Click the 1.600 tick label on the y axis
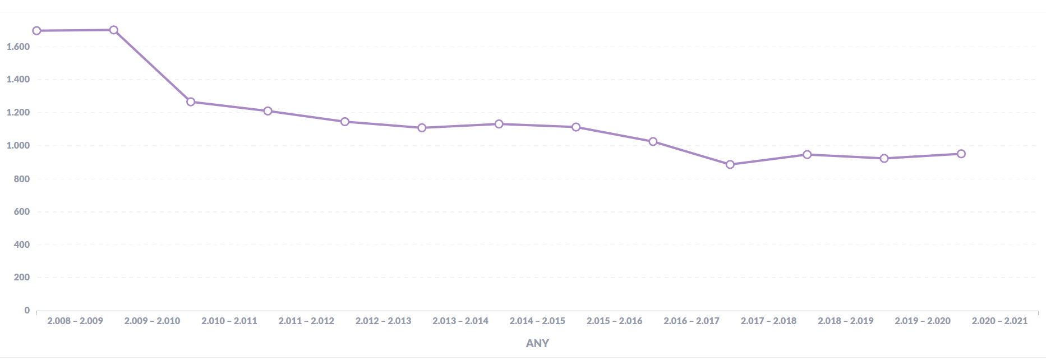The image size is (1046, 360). point(19,47)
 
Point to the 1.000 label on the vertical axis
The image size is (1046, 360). point(19,145)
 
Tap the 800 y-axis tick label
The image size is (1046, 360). point(22,179)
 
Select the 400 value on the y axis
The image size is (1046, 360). point(22,244)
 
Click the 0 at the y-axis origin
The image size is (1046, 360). point(27,310)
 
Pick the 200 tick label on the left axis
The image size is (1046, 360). point(22,277)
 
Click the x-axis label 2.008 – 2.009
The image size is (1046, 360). point(75,321)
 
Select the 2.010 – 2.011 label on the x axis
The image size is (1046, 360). point(229,321)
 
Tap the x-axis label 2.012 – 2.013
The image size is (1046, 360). point(383,321)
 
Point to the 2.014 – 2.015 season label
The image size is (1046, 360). point(537,321)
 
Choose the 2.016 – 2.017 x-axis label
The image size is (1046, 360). point(692,321)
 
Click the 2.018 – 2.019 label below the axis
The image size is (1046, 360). point(846,321)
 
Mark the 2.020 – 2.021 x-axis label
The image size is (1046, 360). point(999,321)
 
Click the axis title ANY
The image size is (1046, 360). point(537,343)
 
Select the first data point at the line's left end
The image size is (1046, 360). point(37,31)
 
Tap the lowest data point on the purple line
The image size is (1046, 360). point(730,164)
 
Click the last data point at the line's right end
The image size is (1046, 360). point(961,154)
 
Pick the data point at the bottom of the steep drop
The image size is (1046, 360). point(191,102)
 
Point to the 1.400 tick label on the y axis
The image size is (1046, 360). point(19,79)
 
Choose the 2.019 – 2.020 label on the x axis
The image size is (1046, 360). point(923,321)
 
